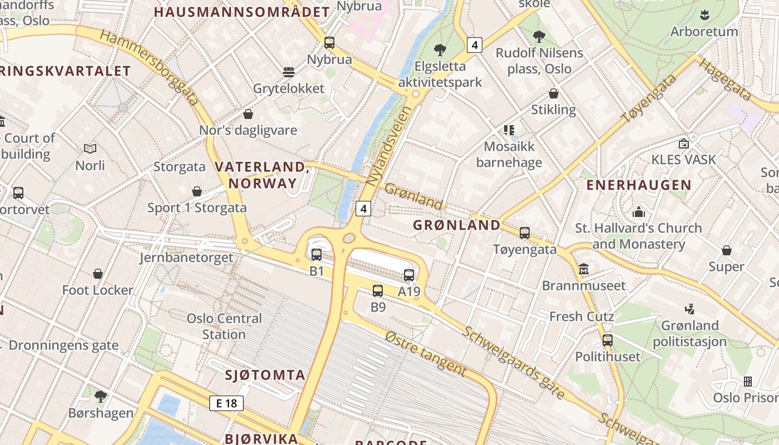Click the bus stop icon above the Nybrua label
click(329, 43)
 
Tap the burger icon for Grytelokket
click(288, 72)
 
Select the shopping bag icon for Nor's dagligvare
click(248, 114)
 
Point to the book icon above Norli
click(90, 149)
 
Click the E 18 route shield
click(226, 403)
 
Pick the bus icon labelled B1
click(317, 255)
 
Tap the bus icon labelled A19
click(409, 275)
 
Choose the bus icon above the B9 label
click(378, 290)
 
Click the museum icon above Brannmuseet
click(584, 269)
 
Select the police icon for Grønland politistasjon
click(690, 309)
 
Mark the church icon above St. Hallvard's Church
click(639, 212)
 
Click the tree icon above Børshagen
click(101, 396)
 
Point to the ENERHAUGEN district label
click(639, 185)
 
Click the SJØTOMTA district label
click(265, 375)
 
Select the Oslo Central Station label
click(224, 327)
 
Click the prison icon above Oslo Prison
click(748, 382)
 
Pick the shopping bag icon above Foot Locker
click(98, 274)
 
